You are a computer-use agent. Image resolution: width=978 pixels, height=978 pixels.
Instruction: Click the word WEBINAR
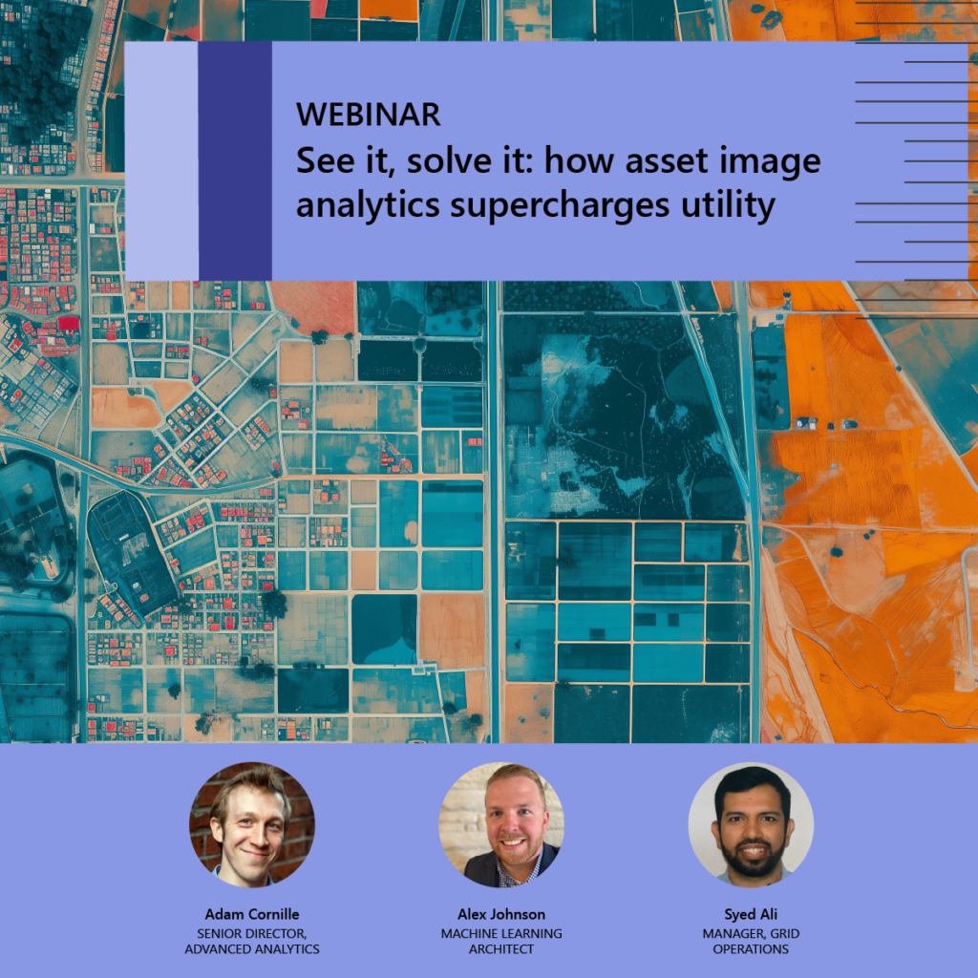(x=369, y=115)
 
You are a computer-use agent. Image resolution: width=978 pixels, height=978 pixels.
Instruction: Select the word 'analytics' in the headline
(x=368, y=204)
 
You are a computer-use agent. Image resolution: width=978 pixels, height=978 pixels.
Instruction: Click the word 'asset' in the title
(x=667, y=160)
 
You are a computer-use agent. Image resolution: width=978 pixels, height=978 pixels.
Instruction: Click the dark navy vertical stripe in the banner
(x=235, y=160)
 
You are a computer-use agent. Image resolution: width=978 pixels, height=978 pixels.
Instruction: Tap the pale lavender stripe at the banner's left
(x=161, y=160)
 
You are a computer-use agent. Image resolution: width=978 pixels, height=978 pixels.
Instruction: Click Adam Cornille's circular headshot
(x=252, y=824)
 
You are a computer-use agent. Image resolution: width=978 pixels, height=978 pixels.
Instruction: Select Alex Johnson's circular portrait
(x=501, y=824)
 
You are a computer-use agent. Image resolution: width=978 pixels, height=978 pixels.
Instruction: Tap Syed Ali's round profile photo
(x=751, y=824)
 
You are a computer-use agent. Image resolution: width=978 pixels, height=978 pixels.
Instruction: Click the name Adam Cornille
(x=252, y=914)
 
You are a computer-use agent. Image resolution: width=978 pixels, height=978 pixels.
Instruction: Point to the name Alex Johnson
(x=501, y=914)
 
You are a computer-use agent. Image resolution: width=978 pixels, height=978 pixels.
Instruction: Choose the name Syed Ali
(x=751, y=914)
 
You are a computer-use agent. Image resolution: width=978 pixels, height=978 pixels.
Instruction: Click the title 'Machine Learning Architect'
(x=501, y=941)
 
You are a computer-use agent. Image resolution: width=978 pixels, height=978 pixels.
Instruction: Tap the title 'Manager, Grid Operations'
(x=751, y=941)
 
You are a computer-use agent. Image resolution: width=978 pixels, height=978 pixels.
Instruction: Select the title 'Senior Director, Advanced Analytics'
(x=252, y=941)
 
